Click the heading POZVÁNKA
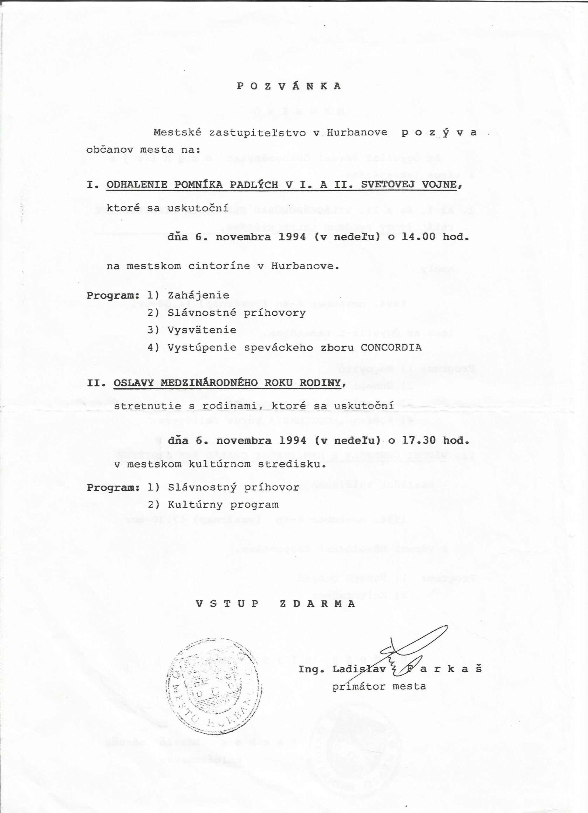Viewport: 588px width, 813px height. (289, 86)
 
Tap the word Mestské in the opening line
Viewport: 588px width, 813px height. (178, 133)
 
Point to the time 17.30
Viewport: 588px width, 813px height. (418, 440)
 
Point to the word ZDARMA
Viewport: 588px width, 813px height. (317, 604)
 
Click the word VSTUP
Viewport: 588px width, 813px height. (227, 604)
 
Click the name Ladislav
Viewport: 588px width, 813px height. (359, 669)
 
